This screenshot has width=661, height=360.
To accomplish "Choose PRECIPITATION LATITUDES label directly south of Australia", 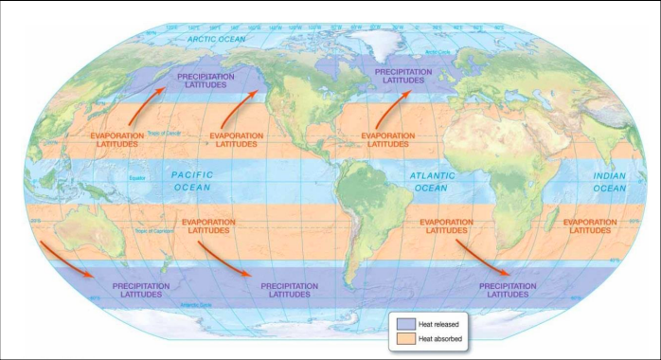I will point(141,289).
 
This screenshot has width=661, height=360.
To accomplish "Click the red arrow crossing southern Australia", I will point(66,260).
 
